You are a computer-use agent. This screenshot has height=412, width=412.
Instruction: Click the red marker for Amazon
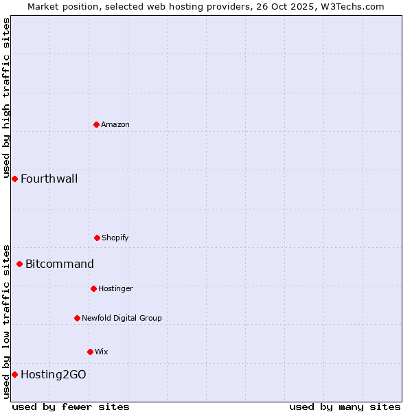pyautogui.click(x=96, y=124)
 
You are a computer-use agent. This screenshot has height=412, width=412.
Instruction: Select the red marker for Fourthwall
pyautogui.click(x=14, y=179)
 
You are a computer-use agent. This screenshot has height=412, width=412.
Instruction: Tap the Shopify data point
pyautogui.click(x=97, y=238)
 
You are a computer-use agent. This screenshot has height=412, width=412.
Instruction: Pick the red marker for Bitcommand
pyautogui.click(x=19, y=264)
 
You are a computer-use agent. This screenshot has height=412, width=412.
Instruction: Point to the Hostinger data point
pyautogui.click(x=93, y=288)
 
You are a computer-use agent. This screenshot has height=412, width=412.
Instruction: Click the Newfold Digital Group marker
pyautogui.click(x=77, y=318)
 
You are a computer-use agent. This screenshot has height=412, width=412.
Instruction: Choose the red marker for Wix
pyautogui.click(x=90, y=352)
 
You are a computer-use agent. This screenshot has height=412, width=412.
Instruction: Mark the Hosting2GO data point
pyautogui.click(x=14, y=374)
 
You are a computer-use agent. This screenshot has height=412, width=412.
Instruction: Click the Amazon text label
pyautogui.click(x=115, y=124)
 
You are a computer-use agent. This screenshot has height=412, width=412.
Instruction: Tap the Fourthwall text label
pyautogui.click(x=49, y=179)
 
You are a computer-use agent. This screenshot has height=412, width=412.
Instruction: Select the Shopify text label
pyautogui.click(x=115, y=238)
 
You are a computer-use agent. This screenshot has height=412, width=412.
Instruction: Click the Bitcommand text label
pyautogui.click(x=60, y=264)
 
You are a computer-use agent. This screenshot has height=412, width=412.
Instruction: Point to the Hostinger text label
pyautogui.click(x=115, y=288)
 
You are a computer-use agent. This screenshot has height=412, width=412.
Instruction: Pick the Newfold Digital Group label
pyautogui.click(x=122, y=318)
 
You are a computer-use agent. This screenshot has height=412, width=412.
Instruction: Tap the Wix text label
pyautogui.click(x=102, y=352)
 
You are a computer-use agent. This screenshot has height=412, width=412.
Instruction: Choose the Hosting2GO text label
pyautogui.click(x=54, y=375)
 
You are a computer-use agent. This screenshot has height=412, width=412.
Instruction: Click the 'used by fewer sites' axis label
pyautogui.click(x=71, y=407)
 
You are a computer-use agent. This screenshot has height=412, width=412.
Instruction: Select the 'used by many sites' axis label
pyautogui.click(x=345, y=407)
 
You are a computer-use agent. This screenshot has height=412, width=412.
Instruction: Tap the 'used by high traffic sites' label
pyautogui.click(x=6, y=98)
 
